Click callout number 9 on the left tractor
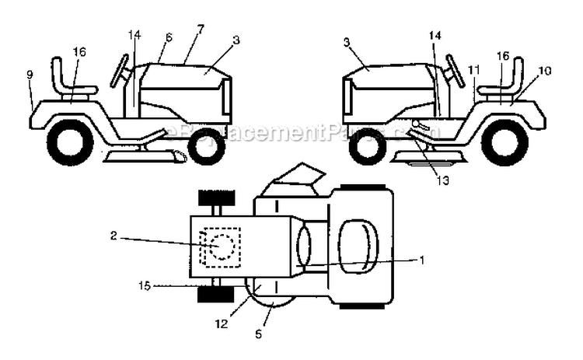[30, 75]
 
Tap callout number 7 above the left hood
[201, 29]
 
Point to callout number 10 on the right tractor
[544, 70]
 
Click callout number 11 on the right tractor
[474, 69]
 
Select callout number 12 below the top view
[222, 323]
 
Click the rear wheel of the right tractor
[504, 142]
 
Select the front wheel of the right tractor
[368, 146]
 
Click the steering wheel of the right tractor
[455, 70]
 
